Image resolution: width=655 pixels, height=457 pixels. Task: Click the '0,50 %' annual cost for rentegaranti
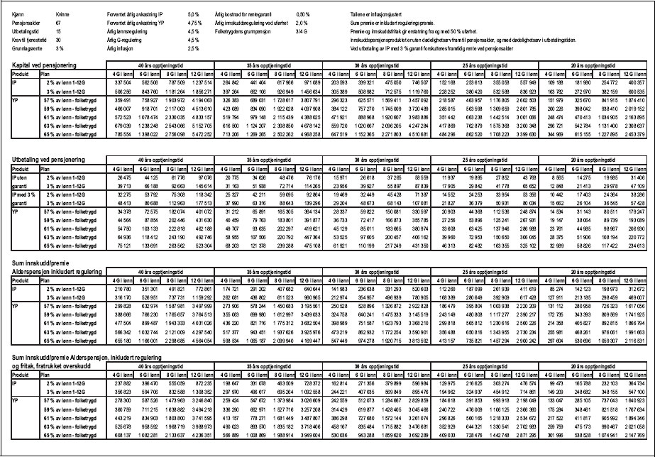pyautogui.click(x=302, y=14)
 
